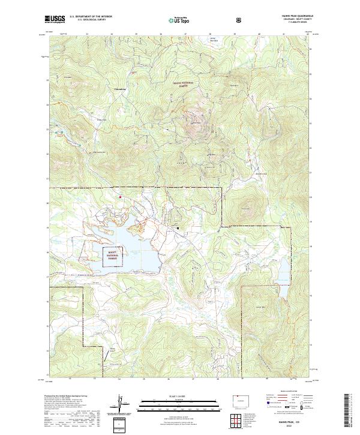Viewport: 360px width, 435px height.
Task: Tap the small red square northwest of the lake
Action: coord(120,196)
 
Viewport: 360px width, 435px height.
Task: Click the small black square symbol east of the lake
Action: coord(178,227)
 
